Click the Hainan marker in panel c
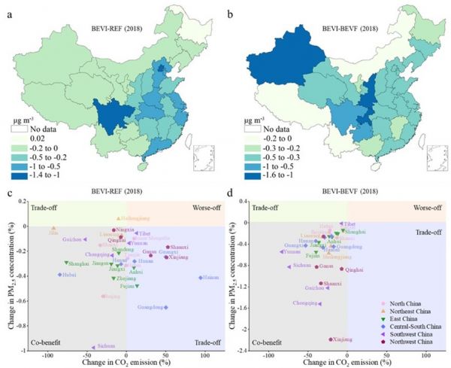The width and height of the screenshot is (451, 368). [x=200, y=278]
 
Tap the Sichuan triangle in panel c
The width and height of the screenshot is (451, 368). [x=93, y=347]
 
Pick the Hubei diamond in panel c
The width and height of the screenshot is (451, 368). [x=59, y=275]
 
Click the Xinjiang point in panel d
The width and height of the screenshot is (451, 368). [x=331, y=339]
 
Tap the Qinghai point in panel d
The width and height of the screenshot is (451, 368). [x=341, y=269]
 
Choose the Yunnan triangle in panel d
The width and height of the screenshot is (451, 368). [x=282, y=252]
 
